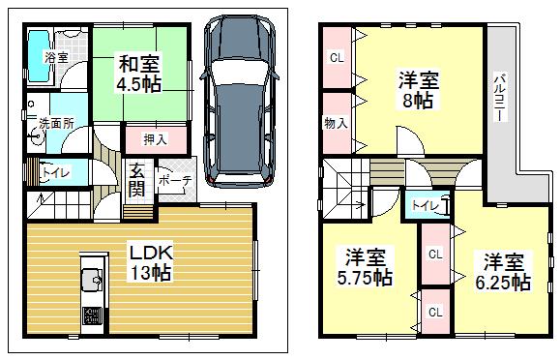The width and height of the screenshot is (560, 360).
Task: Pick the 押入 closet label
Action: click(155, 139)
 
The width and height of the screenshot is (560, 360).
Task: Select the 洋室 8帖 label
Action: click(417, 89)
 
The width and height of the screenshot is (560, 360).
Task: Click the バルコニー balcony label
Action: click(499, 95)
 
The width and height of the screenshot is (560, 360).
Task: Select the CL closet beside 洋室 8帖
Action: click(337, 57)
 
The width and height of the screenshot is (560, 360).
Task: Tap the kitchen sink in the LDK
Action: click(94, 282)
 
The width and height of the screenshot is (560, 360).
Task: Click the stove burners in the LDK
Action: click(92, 316)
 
